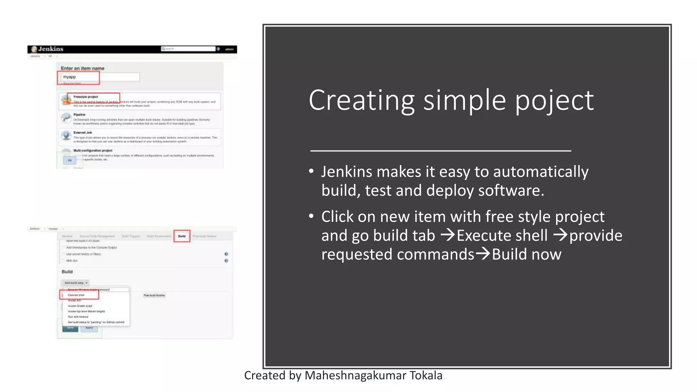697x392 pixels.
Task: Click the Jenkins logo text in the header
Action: point(50,49)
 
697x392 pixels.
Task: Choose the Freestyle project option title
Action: point(86,97)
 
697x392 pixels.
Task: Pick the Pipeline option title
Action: point(79,115)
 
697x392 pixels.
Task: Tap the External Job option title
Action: point(83,133)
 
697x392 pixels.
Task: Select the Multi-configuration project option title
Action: point(93,150)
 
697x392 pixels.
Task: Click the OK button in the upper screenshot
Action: point(70,160)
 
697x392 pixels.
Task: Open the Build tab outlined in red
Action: point(182,236)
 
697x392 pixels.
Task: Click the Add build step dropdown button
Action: point(76,283)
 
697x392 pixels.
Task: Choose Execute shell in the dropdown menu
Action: point(76,295)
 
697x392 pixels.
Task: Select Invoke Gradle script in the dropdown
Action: point(80,306)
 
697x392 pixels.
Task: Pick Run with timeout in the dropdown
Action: point(78,317)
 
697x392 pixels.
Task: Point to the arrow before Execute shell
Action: point(448,235)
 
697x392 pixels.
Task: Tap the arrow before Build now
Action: point(483,254)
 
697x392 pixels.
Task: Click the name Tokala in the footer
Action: point(426,375)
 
